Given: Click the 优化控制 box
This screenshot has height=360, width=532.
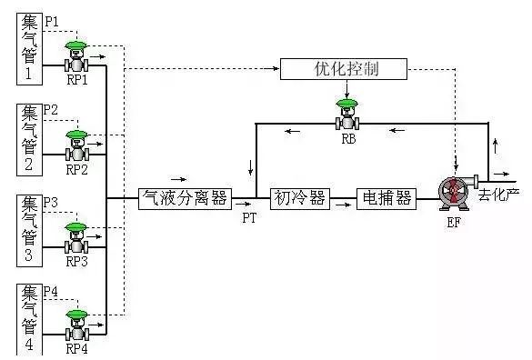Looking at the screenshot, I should click(x=344, y=69).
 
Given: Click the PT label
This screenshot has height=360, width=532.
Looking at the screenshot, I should click(x=249, y=219).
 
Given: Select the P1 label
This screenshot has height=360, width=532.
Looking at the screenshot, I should click(x=52, y=19).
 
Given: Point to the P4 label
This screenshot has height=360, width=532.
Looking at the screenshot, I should click(x=52, y=291).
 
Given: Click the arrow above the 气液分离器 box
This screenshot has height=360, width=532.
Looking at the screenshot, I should click(x=176, y=178).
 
